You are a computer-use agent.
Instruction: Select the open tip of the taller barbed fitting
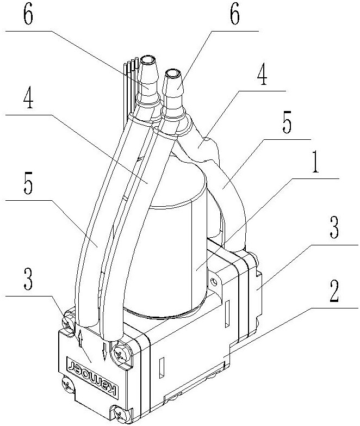pos(148,58)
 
